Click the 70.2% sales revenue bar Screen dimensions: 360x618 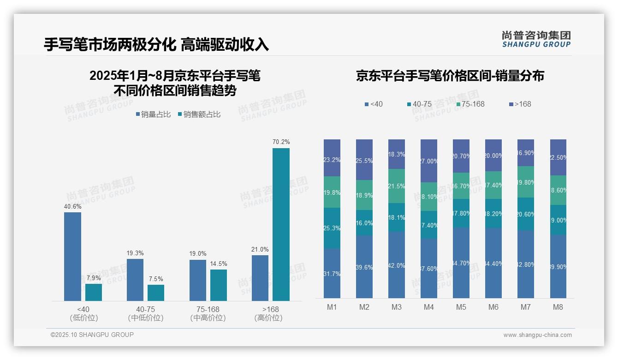[281, 224]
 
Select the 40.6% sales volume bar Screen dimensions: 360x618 [72, 257]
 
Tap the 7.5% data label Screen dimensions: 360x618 [156, 279]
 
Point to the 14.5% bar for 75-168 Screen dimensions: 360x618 [219, 285]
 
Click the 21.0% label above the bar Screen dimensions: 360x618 [260, 249]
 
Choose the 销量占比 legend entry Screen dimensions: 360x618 [153, 114]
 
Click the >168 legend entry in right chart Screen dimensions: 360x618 [520, 104]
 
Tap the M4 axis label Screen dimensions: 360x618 [428, 307]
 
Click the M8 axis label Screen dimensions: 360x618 [558, 307]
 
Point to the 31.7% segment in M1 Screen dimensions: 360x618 [332, 273]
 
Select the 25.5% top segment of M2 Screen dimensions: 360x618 [364, 160]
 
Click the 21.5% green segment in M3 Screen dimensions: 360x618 [396, 186]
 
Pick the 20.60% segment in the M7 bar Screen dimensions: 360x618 [525, 214]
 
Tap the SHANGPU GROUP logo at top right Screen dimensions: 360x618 [536, 39]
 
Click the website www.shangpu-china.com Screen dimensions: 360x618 [537, 335]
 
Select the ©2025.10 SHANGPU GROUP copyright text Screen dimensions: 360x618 [92, 335]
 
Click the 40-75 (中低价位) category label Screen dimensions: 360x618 [146, 313]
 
